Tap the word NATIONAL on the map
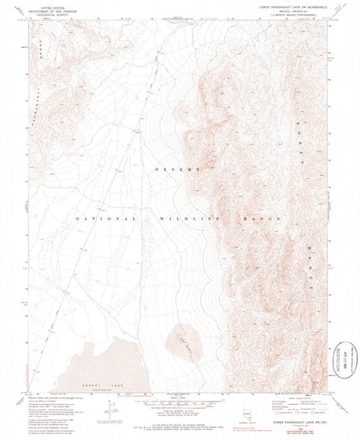(101, 219)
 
